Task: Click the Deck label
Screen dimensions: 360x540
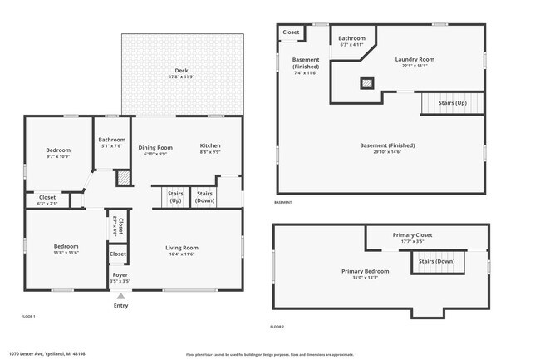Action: [x=181, y=70]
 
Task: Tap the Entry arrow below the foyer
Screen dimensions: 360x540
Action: [x=120, y=296]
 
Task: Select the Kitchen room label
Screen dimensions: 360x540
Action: [x=210, y=145]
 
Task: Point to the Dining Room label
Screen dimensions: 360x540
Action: [x=155, y=146]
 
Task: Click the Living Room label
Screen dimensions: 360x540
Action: [x=182, y=247]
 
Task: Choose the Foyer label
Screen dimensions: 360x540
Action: [x=120, y=274]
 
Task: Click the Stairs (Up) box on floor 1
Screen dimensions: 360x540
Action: [x=175, y=197]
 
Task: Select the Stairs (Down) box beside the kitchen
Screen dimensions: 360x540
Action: [x=204, y=197]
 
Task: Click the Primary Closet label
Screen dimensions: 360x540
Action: [x=412, y=234]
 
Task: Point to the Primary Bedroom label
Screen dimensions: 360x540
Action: [x=366, y=271]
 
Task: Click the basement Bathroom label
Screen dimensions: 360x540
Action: [x=351, y=38]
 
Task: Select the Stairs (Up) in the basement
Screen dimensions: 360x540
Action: [x=452, y=103]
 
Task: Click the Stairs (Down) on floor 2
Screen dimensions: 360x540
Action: [x=437, y=261]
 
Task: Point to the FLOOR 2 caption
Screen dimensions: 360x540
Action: [x=277, y=328]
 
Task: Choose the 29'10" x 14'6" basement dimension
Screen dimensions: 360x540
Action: [x=387, y=151]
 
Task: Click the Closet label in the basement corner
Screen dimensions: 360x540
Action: [x=291, y=32]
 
